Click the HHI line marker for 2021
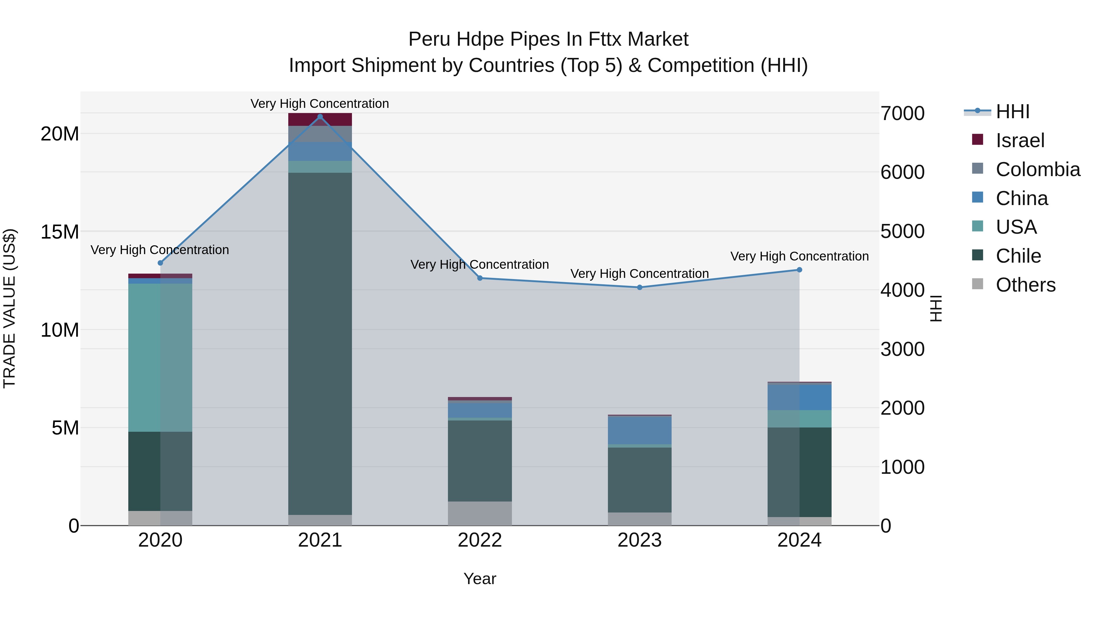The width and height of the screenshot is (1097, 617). pos(320,117)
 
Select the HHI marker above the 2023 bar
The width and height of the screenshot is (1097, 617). pos(639,287)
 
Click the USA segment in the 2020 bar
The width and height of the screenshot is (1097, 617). pos(160,357)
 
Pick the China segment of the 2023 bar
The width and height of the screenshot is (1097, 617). pos(639,430)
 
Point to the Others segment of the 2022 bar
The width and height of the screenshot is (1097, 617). pos(480,513)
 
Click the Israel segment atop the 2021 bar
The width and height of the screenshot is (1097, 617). pos(320,120)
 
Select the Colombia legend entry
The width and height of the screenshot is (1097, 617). pos(1037,169)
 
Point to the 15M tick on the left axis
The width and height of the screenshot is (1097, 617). pos(60,232)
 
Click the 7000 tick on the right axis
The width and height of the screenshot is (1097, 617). pos(902,114)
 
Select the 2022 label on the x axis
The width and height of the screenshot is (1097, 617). pos(480,540)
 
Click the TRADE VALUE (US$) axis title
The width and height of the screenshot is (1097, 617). pos(9,308)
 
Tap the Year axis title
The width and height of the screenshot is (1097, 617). pos(480,579)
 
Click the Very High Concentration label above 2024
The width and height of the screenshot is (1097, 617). pos(799,256)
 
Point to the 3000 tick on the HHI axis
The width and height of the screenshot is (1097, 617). pos(902,349)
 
